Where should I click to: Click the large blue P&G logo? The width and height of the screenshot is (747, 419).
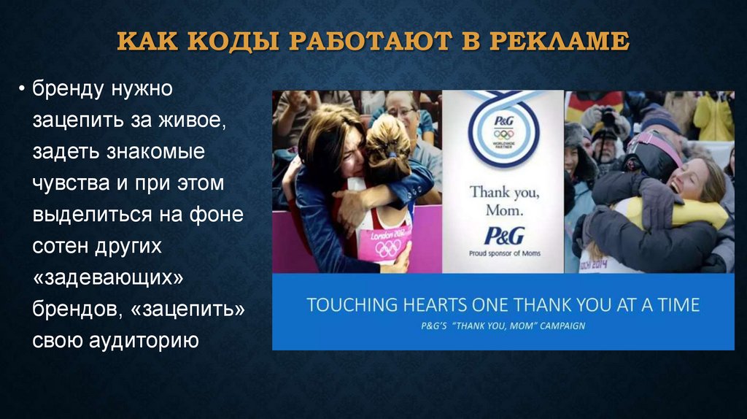(x=503, y=236)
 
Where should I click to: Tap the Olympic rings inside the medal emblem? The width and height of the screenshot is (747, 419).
(x=503, y=134)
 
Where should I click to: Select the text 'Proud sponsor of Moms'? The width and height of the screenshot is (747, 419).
(x=503, y=255)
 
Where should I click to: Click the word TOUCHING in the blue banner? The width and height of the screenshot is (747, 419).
(x=352, y=304)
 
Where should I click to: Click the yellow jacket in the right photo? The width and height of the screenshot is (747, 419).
(x=713, y=117)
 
